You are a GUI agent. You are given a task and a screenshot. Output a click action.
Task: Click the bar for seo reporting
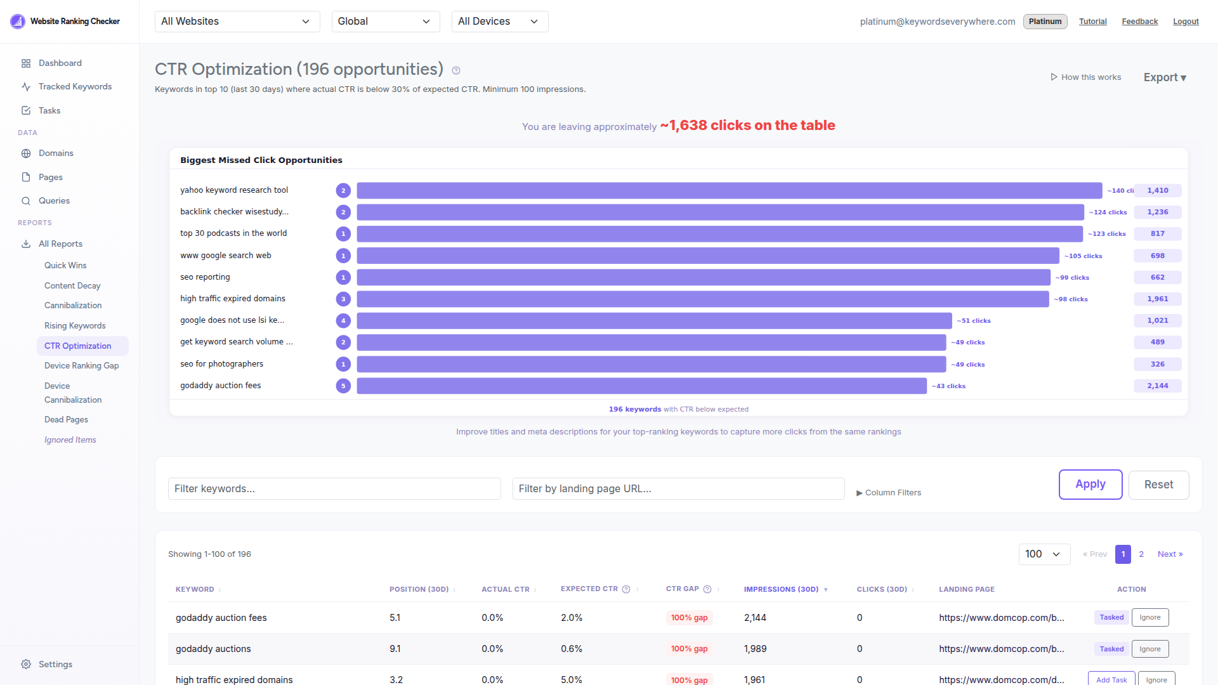(703, 277)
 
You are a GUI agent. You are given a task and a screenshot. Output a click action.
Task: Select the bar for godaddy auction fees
(641, 386)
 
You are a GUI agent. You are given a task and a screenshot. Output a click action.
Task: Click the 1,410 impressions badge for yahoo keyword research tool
(1157, 190)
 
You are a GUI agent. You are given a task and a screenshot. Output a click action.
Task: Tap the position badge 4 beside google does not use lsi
(343, 320)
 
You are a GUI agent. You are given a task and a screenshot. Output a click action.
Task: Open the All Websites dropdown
(237, 22)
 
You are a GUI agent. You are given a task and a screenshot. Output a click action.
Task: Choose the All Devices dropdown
(499, 22)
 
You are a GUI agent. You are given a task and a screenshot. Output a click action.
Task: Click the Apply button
(1090, 485)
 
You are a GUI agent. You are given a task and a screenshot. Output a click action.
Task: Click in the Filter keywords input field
(334, 488)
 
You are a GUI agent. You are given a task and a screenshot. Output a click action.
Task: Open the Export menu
(1165, 77)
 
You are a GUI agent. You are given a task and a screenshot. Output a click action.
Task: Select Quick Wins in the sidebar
(65, 265)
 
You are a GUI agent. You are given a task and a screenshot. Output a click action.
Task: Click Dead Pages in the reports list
(66, 419)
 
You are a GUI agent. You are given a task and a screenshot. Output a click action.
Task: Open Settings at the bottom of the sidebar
(55, 664)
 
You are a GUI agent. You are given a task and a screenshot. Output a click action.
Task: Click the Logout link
(1185, 22)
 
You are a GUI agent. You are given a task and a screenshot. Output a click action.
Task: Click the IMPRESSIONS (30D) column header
(781, 589)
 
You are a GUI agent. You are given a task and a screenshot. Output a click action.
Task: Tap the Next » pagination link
(1170, 554)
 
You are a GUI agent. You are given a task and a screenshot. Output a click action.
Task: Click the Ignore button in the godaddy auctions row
(1149, 649)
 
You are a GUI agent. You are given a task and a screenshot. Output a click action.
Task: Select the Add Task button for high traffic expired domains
(1111, 679)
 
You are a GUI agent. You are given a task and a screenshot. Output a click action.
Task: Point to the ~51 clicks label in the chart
(973, 321)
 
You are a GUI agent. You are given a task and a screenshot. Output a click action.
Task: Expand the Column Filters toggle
(888, 493)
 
